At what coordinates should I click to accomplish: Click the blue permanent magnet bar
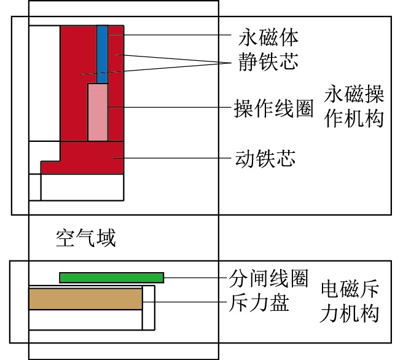103,54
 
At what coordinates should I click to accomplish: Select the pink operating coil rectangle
98,112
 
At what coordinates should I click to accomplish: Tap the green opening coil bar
111,278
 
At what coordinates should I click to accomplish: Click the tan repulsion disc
85,299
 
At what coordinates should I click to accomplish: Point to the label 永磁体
268,37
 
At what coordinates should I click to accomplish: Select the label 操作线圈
273,108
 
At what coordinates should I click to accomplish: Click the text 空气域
85,237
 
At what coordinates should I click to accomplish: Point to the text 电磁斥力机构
350,301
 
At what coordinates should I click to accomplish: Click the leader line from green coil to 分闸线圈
194,278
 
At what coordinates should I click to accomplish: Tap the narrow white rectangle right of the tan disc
149,307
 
